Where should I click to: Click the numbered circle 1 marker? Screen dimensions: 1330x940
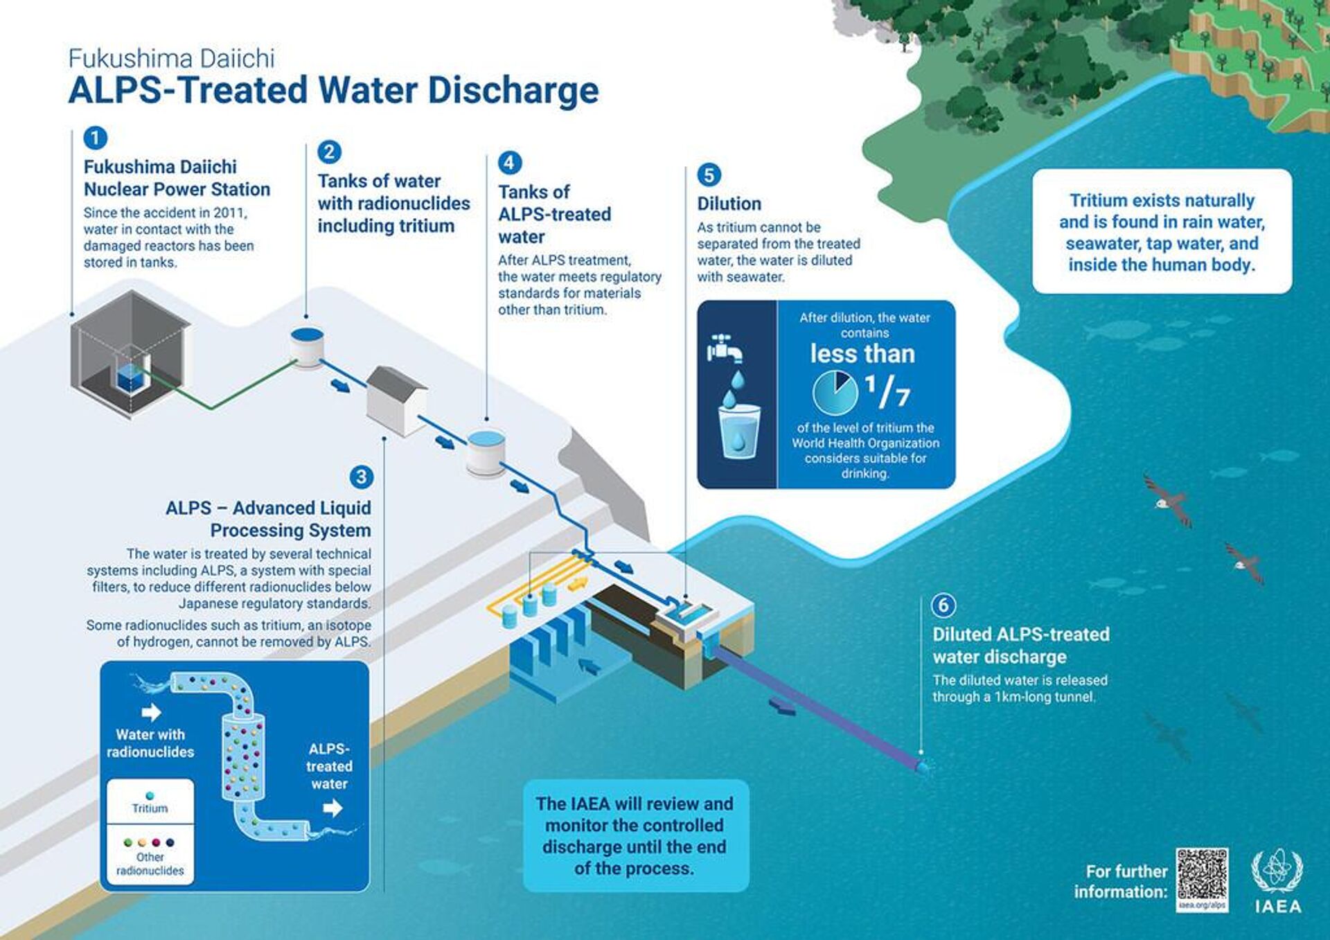coord(95,137)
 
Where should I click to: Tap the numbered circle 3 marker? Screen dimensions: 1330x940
coord(361,477)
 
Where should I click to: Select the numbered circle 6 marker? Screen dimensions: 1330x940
coord(943,605)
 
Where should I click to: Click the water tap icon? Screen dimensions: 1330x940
coord(724,348)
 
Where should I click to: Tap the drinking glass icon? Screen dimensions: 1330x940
coord(738,432)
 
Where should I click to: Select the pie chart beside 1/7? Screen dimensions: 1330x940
coord(835,392)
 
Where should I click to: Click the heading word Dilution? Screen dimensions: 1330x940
coord(729,204)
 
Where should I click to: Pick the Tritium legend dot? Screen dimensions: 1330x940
coord(150,796)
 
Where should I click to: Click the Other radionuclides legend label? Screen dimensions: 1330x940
coord(150,864)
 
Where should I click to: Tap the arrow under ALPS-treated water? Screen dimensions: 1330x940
coord(332,808)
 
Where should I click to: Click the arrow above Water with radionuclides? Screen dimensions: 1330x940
coord(151,712)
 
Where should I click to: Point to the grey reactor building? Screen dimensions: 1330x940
coord(130,354)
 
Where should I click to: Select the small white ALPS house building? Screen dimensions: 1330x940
coord(396,401)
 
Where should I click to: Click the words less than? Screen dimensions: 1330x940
coord(862,354)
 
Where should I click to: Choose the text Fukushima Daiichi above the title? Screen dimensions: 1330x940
coord(172,58)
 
